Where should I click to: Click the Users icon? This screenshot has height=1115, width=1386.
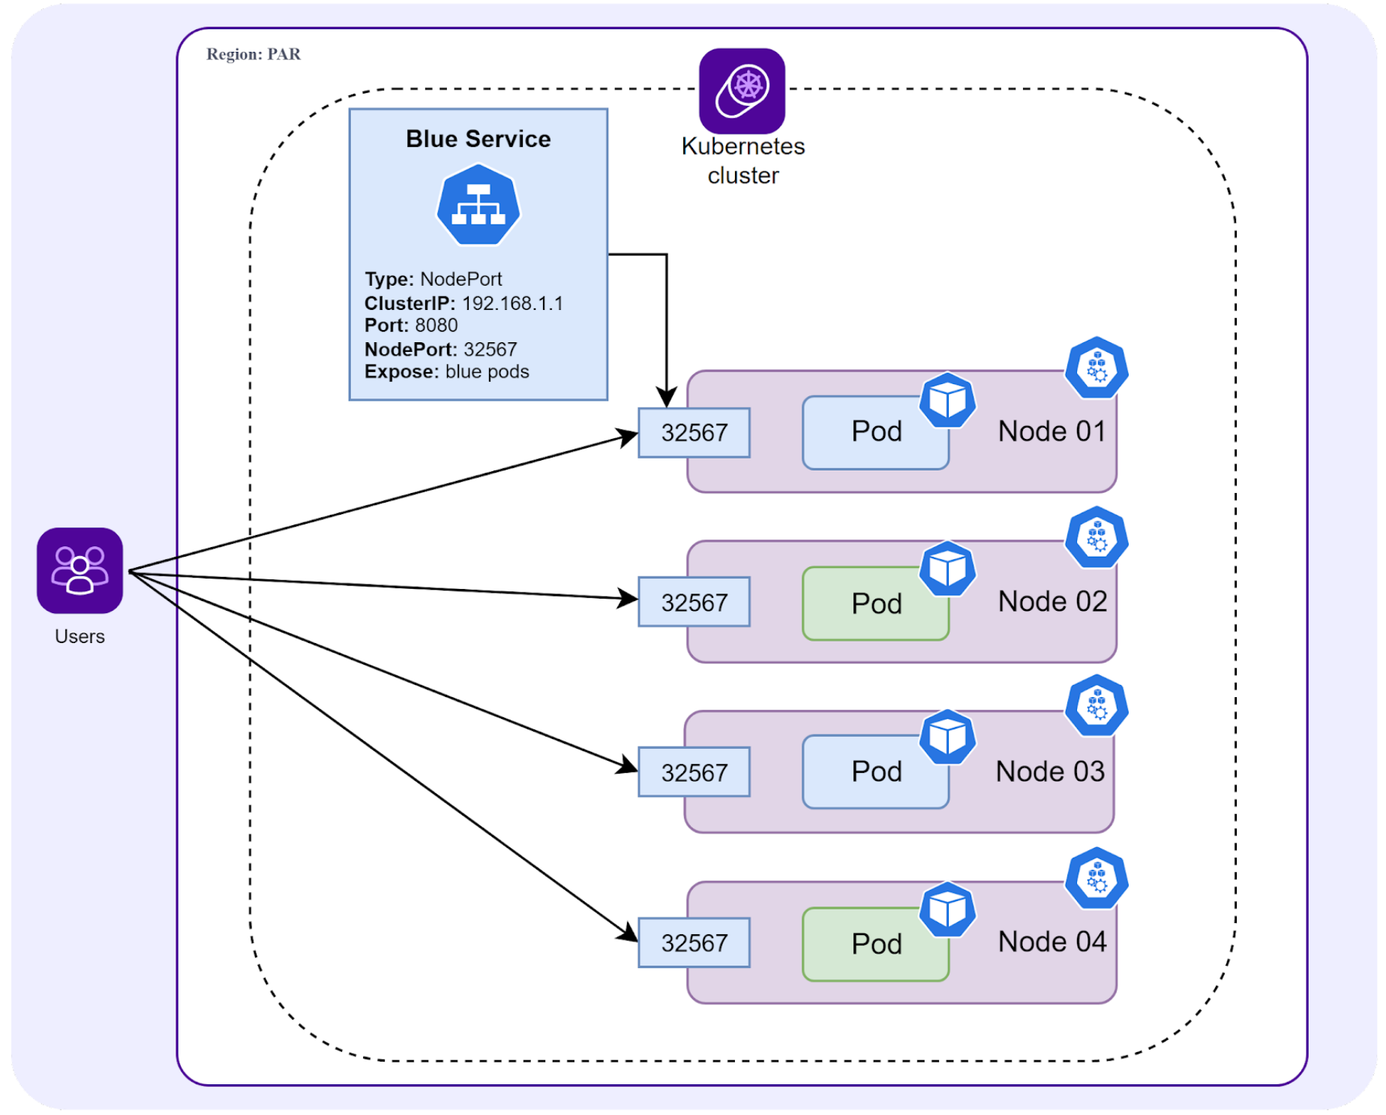click(79, 570)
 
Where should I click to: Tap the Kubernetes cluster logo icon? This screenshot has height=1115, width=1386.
click(742, 91)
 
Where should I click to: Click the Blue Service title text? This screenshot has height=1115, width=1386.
click(478, 139)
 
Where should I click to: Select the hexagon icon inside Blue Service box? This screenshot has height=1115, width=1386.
click(478, 205)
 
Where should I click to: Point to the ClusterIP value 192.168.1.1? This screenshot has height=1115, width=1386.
click(512, 303)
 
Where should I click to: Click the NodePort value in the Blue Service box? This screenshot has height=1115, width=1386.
click(490, 349)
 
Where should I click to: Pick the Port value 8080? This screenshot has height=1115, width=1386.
click(436, 326)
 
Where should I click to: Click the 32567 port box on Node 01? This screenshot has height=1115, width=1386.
click(694, 433)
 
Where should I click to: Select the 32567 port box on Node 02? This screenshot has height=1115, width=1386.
click(694, 602)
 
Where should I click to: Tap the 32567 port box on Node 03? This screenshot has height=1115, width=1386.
click(694, 772)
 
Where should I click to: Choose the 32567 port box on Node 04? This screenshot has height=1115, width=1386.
click(694, 942)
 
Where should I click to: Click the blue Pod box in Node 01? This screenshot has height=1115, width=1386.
click(875, 432)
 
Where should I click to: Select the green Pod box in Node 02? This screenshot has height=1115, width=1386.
click(875, 603)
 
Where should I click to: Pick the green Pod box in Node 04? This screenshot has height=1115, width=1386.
click(875, 944)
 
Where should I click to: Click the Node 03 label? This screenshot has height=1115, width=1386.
click(1049, 771)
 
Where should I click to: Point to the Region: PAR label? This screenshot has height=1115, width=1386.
click(253, 54)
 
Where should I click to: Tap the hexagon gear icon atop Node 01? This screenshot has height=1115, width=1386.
click(1096, 368)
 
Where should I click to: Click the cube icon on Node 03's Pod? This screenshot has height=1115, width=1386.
click(947, 738)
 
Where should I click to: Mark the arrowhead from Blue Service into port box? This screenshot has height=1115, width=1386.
click(666, 398)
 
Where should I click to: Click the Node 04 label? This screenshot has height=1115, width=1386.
click(1051, 942)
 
